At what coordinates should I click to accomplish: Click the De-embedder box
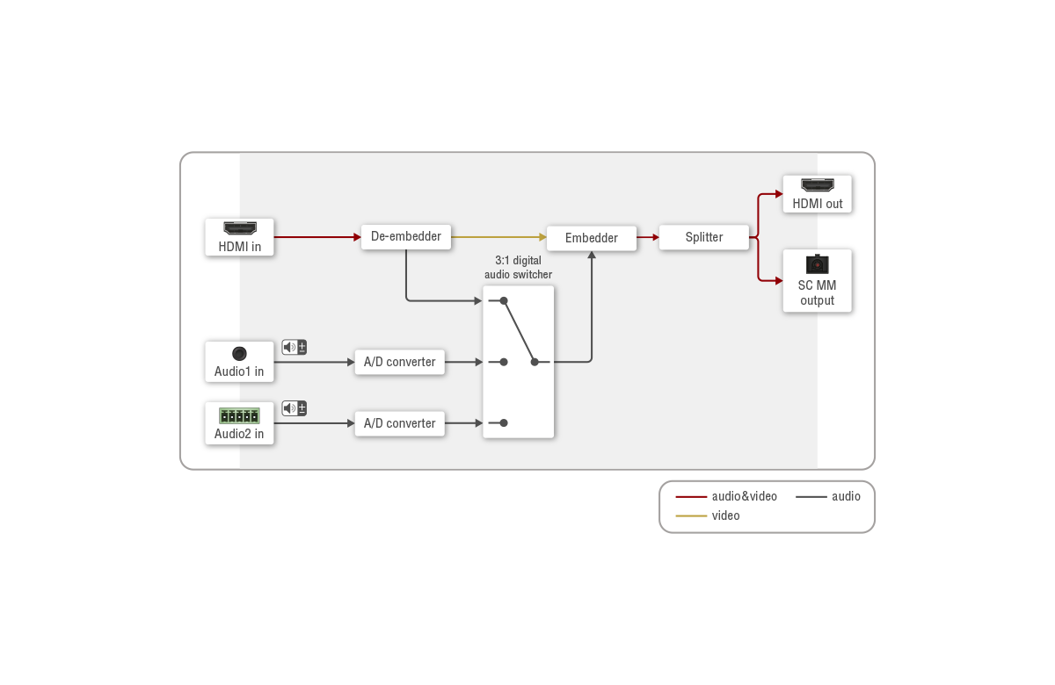point(406,236)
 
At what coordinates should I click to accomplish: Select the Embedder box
point(591,238)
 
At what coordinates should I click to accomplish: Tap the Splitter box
point(703,237)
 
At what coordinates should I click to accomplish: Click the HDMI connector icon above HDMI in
point(240,228)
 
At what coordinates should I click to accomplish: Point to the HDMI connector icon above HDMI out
point(817,185)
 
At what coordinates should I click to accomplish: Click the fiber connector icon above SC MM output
point(817,264)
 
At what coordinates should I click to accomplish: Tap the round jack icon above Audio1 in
point(239,353)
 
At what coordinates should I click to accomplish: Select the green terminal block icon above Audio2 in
point(239,415)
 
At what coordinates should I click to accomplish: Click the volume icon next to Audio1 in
point(295,347)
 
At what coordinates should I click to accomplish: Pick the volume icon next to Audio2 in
point(295,407)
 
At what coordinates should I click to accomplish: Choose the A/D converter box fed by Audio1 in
point(399,362)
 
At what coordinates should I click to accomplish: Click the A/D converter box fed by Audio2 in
point(399,423)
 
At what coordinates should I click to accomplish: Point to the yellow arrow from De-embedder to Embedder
point(498,237)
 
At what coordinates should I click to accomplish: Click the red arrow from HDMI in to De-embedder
point(317,237)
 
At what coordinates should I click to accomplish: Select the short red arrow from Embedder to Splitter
point(648,237)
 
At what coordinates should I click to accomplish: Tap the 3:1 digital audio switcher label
point(518,267)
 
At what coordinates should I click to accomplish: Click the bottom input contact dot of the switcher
point(504,423)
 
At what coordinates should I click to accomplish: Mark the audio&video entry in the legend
point(726,496)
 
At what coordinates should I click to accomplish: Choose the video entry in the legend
point(708,516)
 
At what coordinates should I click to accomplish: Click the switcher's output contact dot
point(535,362)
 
